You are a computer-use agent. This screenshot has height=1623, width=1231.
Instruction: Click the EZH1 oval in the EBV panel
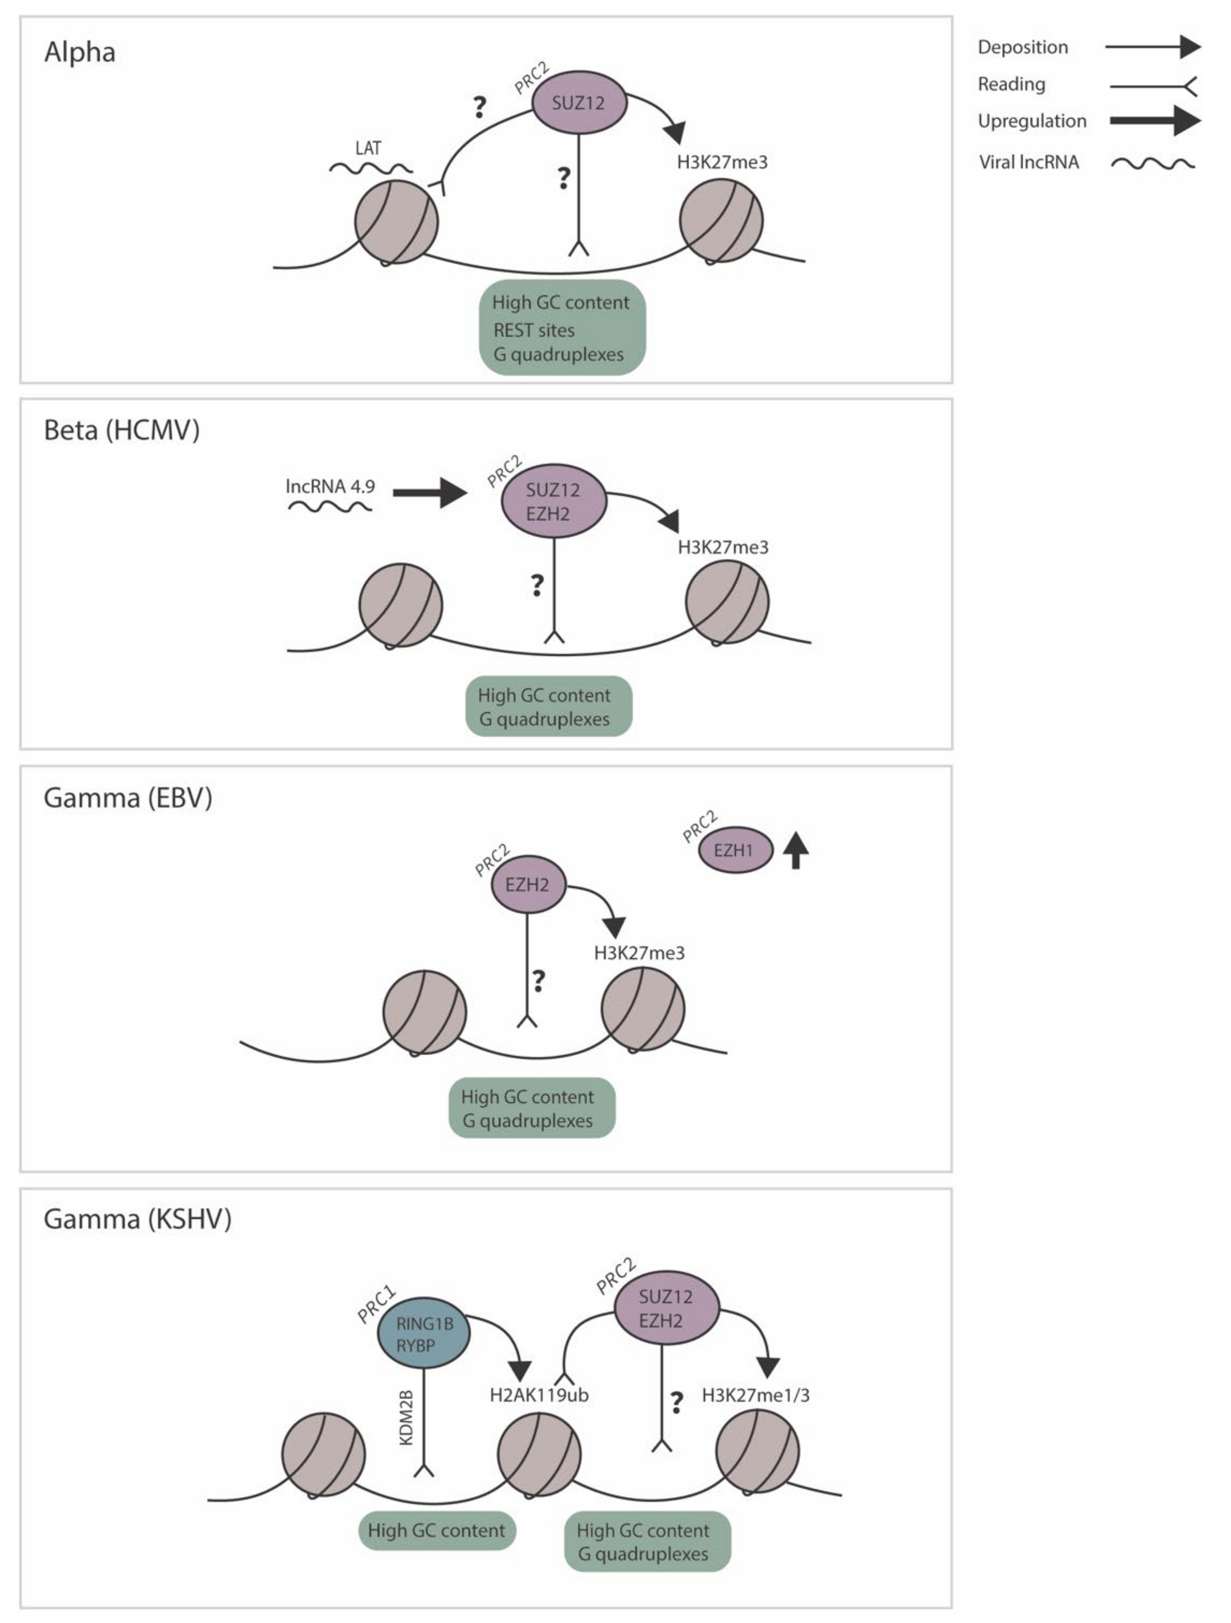[x=734, y=850]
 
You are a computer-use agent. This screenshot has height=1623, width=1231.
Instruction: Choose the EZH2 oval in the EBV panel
[x=527, y=884]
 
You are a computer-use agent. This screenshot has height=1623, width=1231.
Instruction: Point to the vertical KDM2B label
[x=406, y=1418]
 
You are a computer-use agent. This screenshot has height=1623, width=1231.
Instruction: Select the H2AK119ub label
[x=539, y=1395]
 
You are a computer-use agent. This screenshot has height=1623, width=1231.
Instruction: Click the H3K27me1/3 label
[x=756, y=1395]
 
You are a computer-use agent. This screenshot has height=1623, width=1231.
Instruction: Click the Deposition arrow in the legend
[x=1152, y=47]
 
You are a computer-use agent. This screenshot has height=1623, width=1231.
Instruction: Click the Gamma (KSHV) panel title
[x=137, y=1219]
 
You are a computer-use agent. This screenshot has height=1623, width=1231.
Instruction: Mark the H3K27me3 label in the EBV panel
[x=639, y=953]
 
